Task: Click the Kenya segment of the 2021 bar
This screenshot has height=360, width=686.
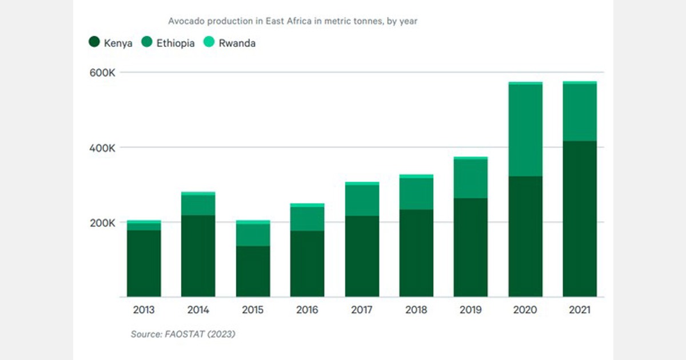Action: coord(580,219)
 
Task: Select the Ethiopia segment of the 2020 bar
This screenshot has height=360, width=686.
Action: coord(525,130)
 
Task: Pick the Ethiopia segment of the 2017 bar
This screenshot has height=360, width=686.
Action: coord(362,200)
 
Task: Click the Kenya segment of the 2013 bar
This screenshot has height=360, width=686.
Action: coord(143,263)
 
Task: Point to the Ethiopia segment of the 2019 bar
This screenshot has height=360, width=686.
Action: coord(470,179)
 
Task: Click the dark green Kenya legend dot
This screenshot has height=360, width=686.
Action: coord(94,42)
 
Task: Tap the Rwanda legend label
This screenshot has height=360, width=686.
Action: coord(237,43)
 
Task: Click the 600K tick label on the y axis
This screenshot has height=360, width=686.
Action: coord(103,73)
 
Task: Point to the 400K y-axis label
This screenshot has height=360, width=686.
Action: coord(103,147)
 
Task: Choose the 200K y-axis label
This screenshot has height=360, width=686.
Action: coord(103,222)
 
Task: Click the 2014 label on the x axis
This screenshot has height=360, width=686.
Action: coord(198,310)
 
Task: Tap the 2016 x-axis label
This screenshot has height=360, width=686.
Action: coord(307,310)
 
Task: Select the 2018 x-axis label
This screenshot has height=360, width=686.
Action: coord(416,310)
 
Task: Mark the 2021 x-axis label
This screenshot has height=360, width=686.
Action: coord(580,310)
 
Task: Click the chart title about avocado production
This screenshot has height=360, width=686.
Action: coord(293,22)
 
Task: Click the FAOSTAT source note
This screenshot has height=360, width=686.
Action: coord(182,334)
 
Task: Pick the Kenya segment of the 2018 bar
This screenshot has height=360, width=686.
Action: coord(416,253)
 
